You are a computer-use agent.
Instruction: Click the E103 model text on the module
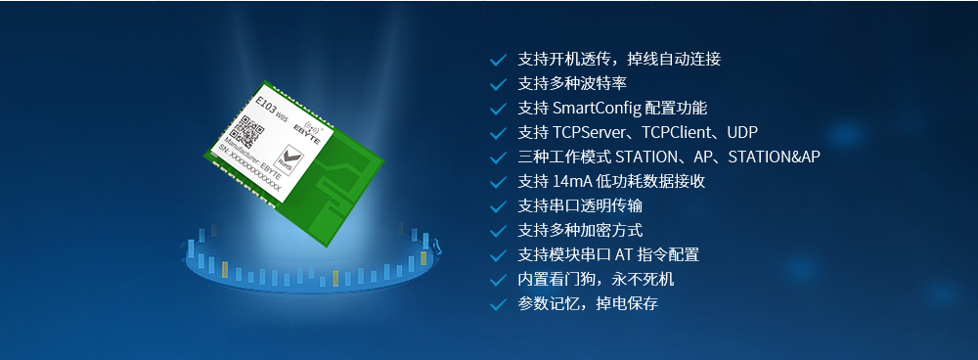tap(265, 99)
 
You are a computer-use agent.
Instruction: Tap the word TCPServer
tap(595, 132)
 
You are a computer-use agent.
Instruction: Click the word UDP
tap(742, 132)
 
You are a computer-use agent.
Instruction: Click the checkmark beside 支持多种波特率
tap(498, 83)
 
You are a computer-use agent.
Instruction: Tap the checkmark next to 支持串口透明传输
tap(498, 206)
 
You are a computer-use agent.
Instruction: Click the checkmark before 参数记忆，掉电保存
tap(498, 304)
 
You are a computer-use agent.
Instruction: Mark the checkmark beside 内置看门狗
tap(498, 280)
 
